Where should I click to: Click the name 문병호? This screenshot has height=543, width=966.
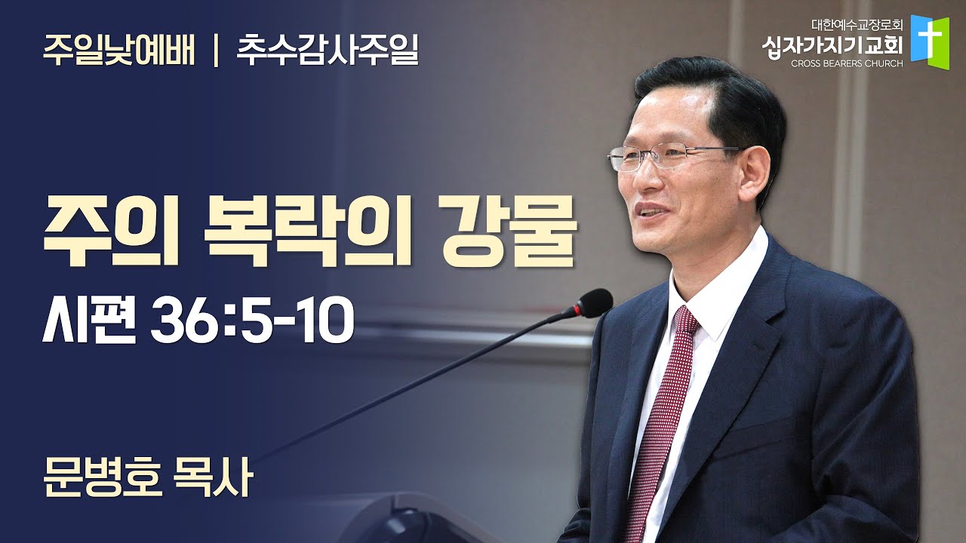click(103, 479)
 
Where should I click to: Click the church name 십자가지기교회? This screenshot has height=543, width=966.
click(832, 46)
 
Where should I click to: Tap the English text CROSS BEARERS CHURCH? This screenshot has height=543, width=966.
click(847, 64)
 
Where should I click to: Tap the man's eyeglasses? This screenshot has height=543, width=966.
click(672, 158)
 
